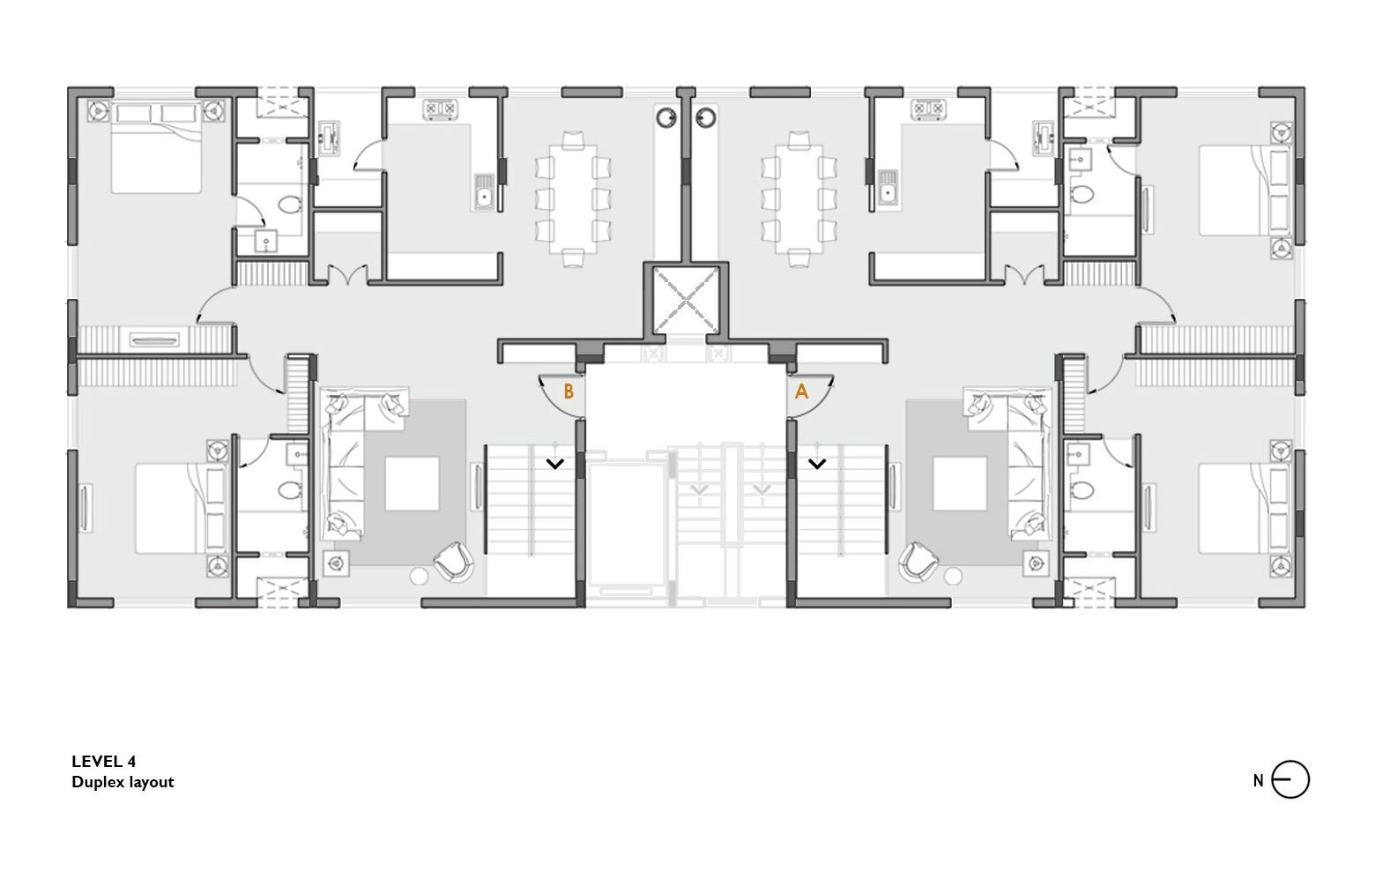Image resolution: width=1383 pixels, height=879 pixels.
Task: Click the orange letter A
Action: click(x=801, y=391)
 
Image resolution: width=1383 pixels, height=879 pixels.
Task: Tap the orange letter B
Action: click(x=569, y=391)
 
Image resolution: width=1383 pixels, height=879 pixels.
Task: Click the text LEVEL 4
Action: click(x=104, y=761)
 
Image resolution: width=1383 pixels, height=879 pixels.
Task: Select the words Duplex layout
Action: click(x=123, y=782)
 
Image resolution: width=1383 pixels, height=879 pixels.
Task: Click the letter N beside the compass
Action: click(x=1259, y=781)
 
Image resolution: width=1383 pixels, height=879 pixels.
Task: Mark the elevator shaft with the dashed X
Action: click(x=686, y=301)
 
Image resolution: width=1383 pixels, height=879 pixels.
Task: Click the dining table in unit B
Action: click(x=573, y=199)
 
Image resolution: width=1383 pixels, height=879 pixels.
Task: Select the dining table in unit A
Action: click(x=799, y=199)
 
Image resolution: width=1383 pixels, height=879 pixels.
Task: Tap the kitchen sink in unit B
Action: click(x=483, y=191)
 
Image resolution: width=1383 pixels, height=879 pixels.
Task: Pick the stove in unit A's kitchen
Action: click(x=928, y=109)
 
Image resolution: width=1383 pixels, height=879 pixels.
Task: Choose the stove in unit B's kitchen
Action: click(x=440, y=109)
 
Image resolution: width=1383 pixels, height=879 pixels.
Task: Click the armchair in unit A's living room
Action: click(x=918, y=562)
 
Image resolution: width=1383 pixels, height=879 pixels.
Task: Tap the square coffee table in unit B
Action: click(x=412, y=484)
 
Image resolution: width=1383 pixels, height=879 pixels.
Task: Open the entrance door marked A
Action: click(x=810, y=395)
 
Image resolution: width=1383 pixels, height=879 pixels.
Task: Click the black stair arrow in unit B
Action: click(x=555, y=463)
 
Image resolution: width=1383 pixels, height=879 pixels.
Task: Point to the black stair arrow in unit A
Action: click(x=817, y=463)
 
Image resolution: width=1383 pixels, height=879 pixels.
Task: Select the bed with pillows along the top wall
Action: click(x=156, y=148)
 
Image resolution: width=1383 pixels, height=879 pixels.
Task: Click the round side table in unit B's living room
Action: click(x=419, y=577)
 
